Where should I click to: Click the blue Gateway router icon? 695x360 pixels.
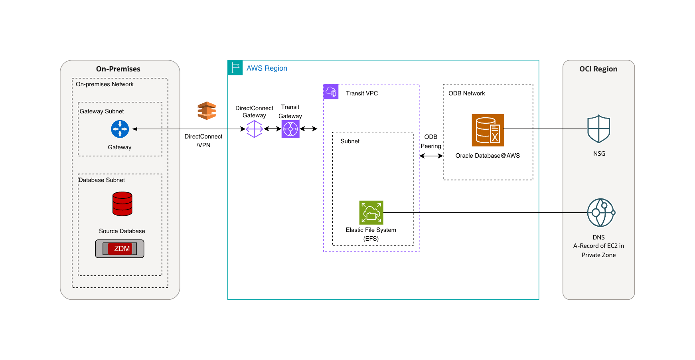(x=120, y=129)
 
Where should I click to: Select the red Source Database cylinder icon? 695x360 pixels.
(x=122, y=204)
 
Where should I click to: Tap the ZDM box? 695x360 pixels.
(x=120, y=249)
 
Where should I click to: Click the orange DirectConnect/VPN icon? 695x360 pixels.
(x=207, y=111)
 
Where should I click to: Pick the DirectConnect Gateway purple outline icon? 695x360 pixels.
(x=254, y=129)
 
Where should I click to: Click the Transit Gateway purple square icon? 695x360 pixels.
(x=290, y=129)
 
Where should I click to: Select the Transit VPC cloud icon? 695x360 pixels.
(x=331, y=92)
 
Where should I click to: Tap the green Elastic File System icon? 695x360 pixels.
(x=371, y=212)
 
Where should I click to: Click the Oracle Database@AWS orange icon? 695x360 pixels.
(x=488, y=130)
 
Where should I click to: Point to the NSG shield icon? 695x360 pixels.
(x=598, y=129)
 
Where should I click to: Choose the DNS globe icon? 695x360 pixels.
(x=600, y=213)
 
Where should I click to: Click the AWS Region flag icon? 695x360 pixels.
(x=235, y=68)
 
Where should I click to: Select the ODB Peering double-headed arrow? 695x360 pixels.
(x=431, y=156)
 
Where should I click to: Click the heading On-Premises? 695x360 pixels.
(x=118, y=69)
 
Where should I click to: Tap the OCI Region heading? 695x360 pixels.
(x=598, y=69)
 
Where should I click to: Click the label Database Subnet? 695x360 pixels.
(x=102, y=180)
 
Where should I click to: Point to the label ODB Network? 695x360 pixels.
(x=466, y=93)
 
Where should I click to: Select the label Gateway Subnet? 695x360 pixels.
(x=102, y=111)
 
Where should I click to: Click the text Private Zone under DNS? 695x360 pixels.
(x=598, y=255)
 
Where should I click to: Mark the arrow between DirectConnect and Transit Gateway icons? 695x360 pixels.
(x=272, y=129)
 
